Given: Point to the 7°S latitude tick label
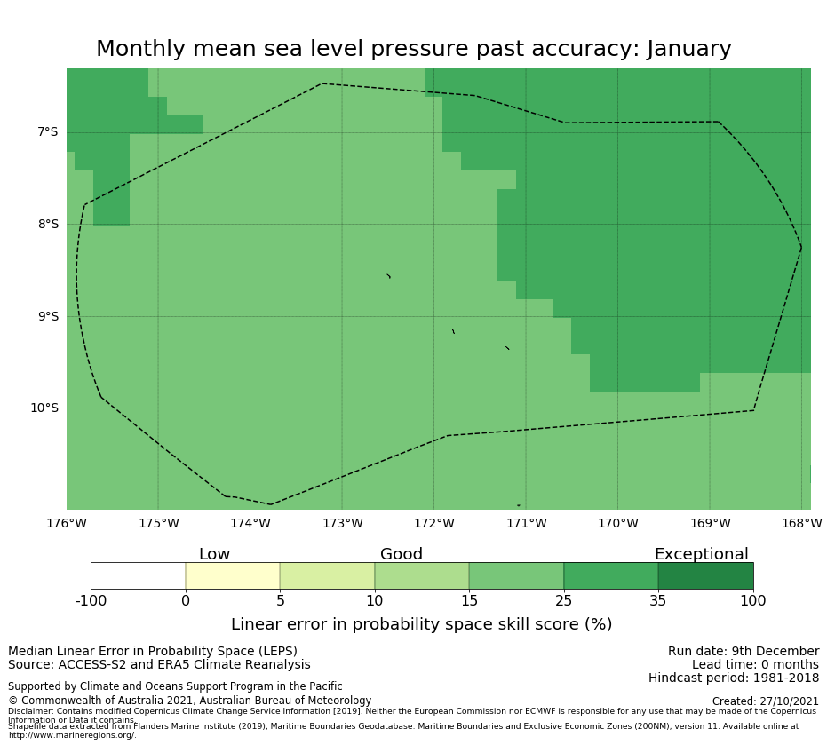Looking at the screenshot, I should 47,132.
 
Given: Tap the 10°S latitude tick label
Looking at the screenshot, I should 44,408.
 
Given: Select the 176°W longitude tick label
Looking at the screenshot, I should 67,524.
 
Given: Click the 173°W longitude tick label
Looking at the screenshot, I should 342,524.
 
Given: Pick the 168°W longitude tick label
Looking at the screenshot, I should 801,524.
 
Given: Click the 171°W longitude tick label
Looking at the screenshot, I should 526,524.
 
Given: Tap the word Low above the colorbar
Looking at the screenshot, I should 214,555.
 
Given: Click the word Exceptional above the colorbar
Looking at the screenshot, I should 701,555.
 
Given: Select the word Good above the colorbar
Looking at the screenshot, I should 402,555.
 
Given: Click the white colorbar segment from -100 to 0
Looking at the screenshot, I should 138,575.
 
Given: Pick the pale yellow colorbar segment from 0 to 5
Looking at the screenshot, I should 233,575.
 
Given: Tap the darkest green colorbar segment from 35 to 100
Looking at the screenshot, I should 705,575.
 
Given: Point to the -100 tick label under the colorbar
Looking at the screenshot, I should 91,601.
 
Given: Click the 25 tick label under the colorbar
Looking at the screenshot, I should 563,601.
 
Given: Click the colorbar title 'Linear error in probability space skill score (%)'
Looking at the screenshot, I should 421,625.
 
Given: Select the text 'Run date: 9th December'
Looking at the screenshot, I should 744,652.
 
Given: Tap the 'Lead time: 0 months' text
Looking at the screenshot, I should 755,665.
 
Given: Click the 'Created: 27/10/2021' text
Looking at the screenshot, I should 765,701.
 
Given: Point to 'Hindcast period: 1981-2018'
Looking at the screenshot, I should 734,678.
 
